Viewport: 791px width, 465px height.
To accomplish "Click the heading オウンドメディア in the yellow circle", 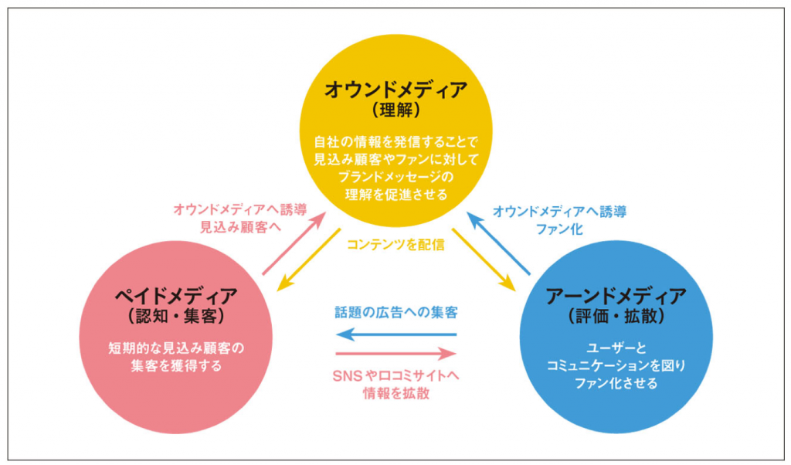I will pyautogui.click(x=395, y=90).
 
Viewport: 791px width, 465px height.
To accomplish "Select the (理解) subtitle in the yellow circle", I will pyautogui.click(x=395, y=110).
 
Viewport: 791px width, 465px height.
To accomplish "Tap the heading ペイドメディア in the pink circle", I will pyautogui.click(x=175, y=297).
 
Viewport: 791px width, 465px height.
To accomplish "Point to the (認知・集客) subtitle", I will pyautogui.click(x=175, y=317).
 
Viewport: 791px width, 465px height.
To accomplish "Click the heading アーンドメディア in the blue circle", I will pyautogui.click(x=616, y=296).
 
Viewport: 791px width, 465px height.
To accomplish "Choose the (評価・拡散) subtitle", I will pyautogui.click(x=616, y=316).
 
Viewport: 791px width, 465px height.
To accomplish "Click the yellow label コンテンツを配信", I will pyautogui.click(x=395, y=245).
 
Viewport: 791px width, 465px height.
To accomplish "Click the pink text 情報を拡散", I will pyautogui.click(x=396, y=393).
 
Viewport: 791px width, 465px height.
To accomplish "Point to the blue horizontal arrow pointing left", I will pyautogui.click(x=396, y=335).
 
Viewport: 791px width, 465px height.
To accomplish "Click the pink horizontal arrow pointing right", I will pyautogui.click(x=396, y=355).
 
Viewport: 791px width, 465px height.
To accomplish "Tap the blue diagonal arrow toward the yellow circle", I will pyautogui.click(x=500, y=244).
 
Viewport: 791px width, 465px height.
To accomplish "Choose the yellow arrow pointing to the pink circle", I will pyautogui.click(x=308, y=260).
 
